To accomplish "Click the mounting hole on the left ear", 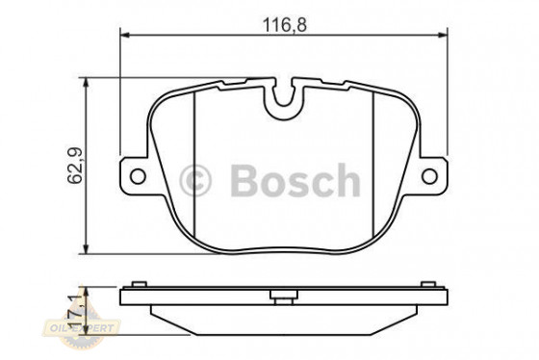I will click(137, 176).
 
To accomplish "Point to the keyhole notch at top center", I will click(284, 97).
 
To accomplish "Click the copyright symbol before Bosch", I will click(196, 179).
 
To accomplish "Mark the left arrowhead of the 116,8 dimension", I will click(124, 35).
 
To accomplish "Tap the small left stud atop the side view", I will click(137, 283).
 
